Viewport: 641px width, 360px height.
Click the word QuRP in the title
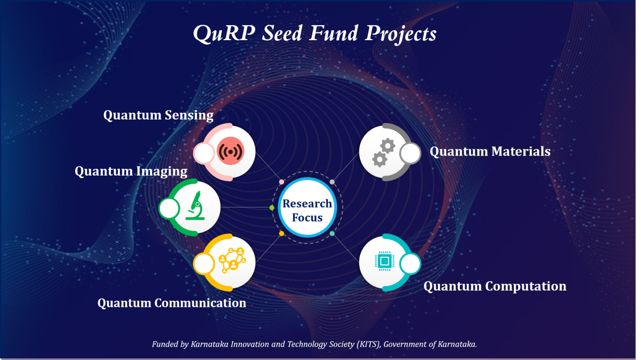click(224, 33)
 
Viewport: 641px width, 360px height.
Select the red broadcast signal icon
click(230, 151)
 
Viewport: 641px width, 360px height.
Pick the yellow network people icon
click(232, 260)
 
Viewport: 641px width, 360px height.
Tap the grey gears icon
click(384, 152)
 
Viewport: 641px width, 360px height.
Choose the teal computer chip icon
click(384, 261)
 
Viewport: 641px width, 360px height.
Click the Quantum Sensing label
click(158, 115)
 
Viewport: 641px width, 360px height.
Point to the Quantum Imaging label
click(131, 171)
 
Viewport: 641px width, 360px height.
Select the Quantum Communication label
click(172, 303)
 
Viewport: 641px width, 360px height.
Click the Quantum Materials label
click(490, 151)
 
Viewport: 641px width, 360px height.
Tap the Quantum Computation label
click(495, 286)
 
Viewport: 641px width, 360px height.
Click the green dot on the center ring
click(272, 207)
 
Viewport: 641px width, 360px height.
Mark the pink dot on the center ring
click(281, 182)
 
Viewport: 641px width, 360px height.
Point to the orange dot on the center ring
click(281, 233)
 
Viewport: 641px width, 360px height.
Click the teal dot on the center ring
click(332, 233)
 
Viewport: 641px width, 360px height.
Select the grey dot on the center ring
click(332, 182)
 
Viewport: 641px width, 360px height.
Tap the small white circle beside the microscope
click(169, 208)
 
